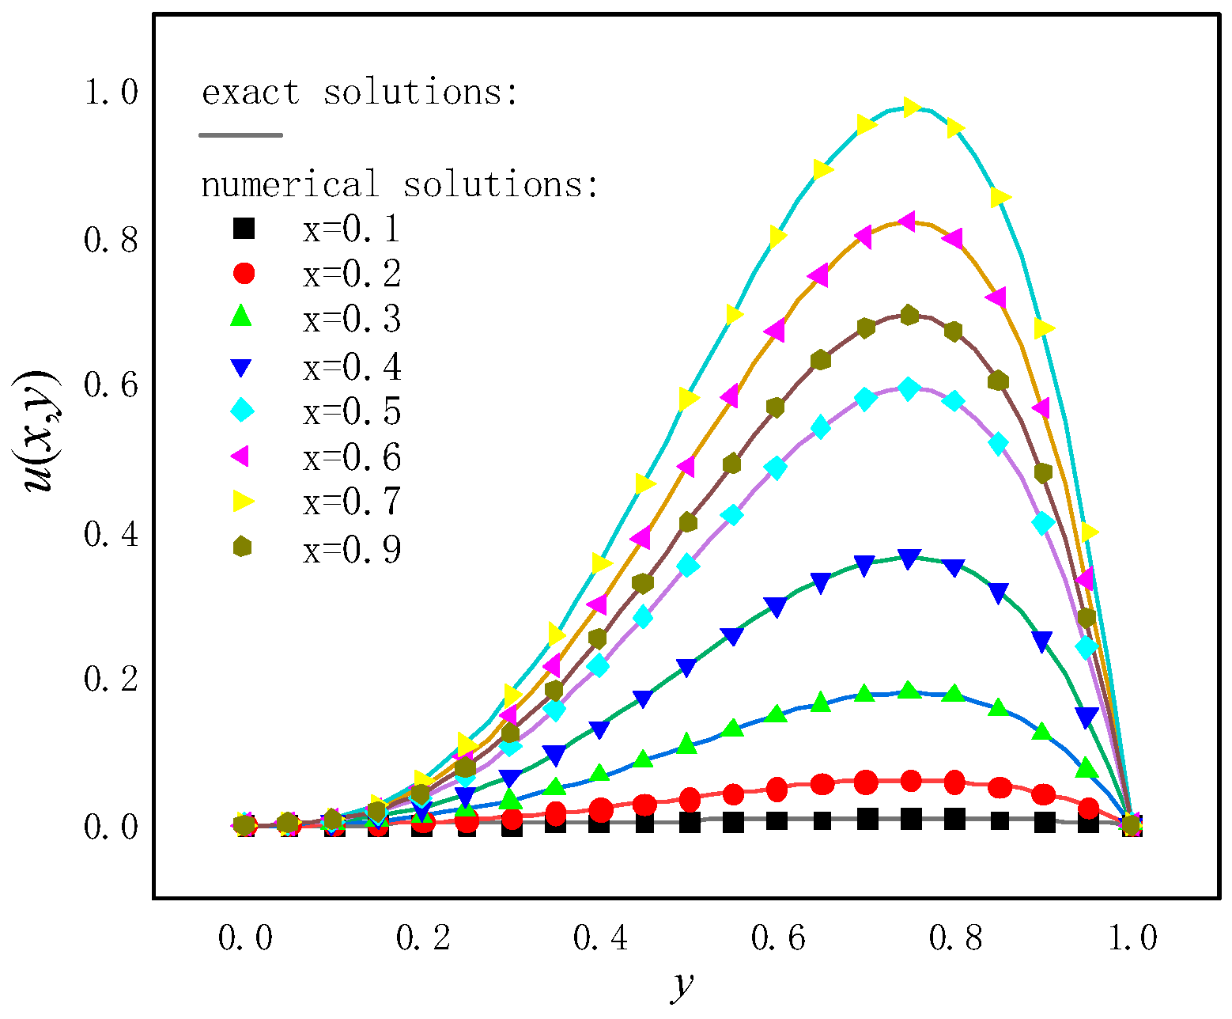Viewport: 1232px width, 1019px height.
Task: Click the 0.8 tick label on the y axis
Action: click(x=111, y=240)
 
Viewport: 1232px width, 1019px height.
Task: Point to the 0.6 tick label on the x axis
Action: click(x=777, y=938)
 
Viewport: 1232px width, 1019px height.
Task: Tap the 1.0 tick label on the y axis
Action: click(x=111, y=93)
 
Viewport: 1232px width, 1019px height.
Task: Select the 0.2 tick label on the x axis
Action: click(x=422, y=938)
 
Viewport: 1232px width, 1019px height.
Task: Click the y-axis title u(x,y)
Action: click(x=38, y=431)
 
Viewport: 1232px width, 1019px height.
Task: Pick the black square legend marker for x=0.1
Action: click(x=244, y=229)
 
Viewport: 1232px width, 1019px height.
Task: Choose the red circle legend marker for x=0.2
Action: click(x=244, y=274)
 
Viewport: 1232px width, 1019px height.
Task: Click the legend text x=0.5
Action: click(x=352, y=412)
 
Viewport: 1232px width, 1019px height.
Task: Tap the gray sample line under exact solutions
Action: click(x=240, y=135)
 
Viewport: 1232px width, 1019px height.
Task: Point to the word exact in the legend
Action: click(x=251, y=93)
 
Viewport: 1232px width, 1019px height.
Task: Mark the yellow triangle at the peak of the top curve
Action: click(x=910, y=108)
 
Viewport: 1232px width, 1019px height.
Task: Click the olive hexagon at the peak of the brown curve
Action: click(x=909, y=316)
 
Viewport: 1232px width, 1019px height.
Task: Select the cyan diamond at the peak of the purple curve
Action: click(x=909, y=388)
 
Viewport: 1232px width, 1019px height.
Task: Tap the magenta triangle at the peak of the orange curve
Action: click(x=908, y=222)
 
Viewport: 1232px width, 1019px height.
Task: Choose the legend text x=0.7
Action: click(x=352, y=502)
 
